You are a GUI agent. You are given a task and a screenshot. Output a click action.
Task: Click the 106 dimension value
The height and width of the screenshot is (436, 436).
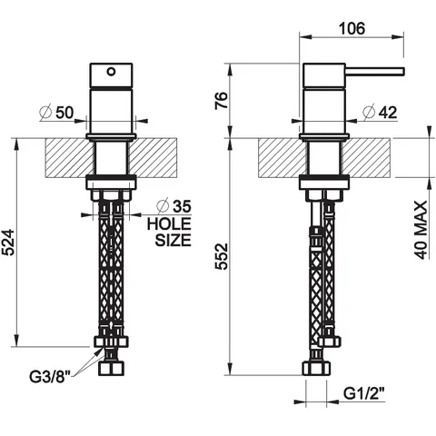pos(352,28)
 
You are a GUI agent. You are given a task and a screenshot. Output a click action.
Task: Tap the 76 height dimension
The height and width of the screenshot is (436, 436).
pos(222,101)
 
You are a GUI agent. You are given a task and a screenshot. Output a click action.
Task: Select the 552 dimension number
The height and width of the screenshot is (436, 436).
pos(222,256)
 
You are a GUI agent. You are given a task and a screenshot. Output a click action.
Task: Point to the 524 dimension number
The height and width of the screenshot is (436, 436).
pos(8,243)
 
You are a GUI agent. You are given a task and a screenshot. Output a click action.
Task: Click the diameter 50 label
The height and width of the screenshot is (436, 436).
pos(56,113)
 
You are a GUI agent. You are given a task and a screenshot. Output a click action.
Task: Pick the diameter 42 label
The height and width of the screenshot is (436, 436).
pos(380,113)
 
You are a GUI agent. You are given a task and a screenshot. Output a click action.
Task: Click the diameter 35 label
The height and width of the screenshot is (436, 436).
pos(173,206)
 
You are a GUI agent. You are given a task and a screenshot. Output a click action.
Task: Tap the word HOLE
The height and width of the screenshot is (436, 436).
pos(169,224)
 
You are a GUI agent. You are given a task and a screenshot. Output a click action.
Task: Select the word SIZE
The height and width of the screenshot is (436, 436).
pos(173,240)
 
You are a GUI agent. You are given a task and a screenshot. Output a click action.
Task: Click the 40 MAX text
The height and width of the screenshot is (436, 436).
pos(421,230)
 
